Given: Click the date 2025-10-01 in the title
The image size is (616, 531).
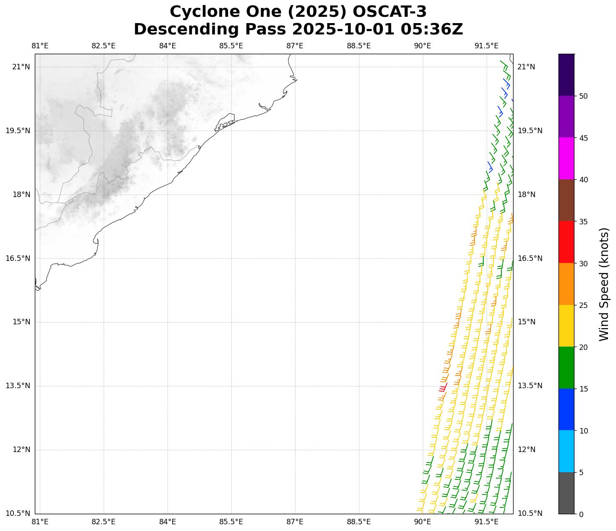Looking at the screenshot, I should tap(344, 29).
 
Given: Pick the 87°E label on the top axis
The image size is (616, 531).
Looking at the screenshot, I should tap(295, 46).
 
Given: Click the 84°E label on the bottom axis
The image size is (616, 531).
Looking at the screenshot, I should tap(168, 522).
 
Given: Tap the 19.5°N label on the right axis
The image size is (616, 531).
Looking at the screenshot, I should tap(530, 131).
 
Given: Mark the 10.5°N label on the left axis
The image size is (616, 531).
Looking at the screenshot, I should tap(18, 513).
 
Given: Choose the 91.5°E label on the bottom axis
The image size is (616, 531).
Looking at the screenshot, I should tap(486, 522).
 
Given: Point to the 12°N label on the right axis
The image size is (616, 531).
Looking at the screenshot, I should tap(527, 450).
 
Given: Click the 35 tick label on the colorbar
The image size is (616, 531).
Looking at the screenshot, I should tap(583, 222).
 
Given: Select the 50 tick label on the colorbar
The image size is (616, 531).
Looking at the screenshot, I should tap(583, 96).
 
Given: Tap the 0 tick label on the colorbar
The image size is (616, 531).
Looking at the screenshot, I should tap(581, 514).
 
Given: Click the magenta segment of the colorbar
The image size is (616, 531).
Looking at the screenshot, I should tap(566, 158).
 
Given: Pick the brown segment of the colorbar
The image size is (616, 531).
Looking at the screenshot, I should tap(566, 200).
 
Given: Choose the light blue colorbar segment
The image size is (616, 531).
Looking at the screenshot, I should tap(566, 451).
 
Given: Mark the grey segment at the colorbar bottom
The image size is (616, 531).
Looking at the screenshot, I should tap(566, 493).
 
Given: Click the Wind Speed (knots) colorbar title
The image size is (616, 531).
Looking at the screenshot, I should tap(604, 284).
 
